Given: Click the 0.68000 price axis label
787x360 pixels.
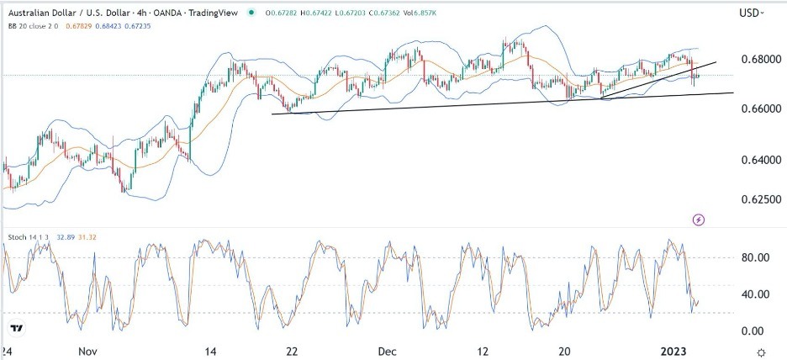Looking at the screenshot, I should click(x=754, y=60).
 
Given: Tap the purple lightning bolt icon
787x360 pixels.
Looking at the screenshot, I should click(x=699, y=220).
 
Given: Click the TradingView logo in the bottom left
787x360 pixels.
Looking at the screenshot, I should click(x=15, y=327).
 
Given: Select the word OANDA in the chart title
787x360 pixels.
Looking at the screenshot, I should click(x=173, y=13).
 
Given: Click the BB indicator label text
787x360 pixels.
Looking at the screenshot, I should click(x=13, y=25).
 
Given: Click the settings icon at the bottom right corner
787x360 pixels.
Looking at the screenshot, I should click(x=761, y=351).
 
